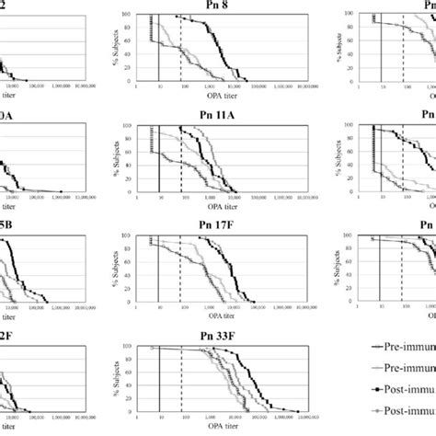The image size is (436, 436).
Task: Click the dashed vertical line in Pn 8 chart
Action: (181, 46)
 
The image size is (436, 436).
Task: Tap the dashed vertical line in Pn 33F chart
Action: (181, 377)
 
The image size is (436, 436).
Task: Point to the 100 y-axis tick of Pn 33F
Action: (128, 347)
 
